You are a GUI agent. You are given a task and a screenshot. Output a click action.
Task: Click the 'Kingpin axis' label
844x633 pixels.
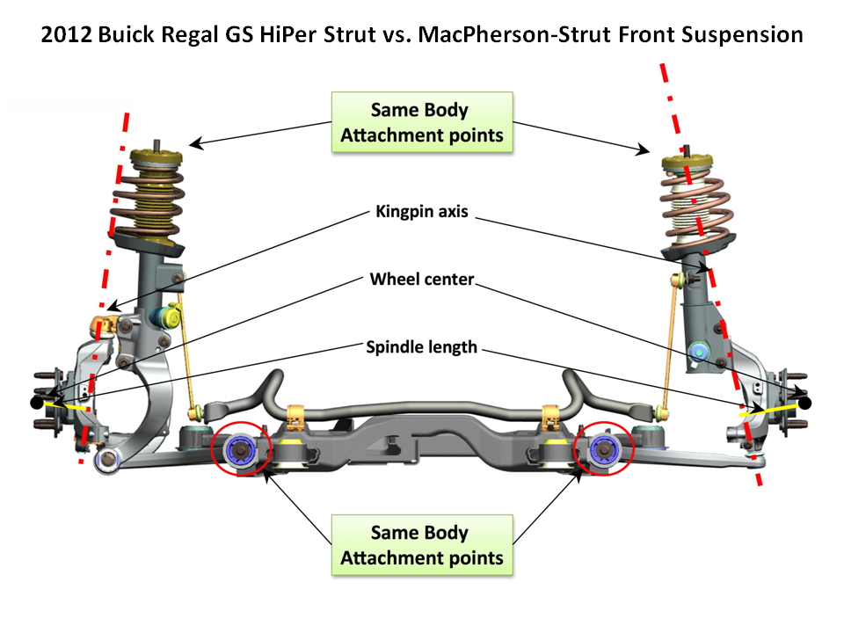click(422, 212)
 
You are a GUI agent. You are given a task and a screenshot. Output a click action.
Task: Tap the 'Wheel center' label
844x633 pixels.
click(422, 280)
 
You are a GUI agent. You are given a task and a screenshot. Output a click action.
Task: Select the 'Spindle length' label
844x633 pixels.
click(422, 347)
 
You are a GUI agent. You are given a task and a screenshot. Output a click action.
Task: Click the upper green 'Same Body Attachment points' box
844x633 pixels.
click(422, 123)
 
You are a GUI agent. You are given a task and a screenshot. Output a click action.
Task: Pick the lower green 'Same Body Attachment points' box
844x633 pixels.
click(422, 545)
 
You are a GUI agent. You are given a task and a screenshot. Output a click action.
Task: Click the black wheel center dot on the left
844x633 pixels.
click(35, 403)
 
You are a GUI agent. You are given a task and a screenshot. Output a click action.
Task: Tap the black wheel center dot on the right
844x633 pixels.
click(804, 404)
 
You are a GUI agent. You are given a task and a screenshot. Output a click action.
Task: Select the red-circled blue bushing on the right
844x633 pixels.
click(604, 447)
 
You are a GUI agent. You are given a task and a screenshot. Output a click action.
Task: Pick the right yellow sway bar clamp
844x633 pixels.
click(551, 413)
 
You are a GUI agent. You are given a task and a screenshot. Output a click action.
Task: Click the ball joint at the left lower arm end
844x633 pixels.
click(107, 459)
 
